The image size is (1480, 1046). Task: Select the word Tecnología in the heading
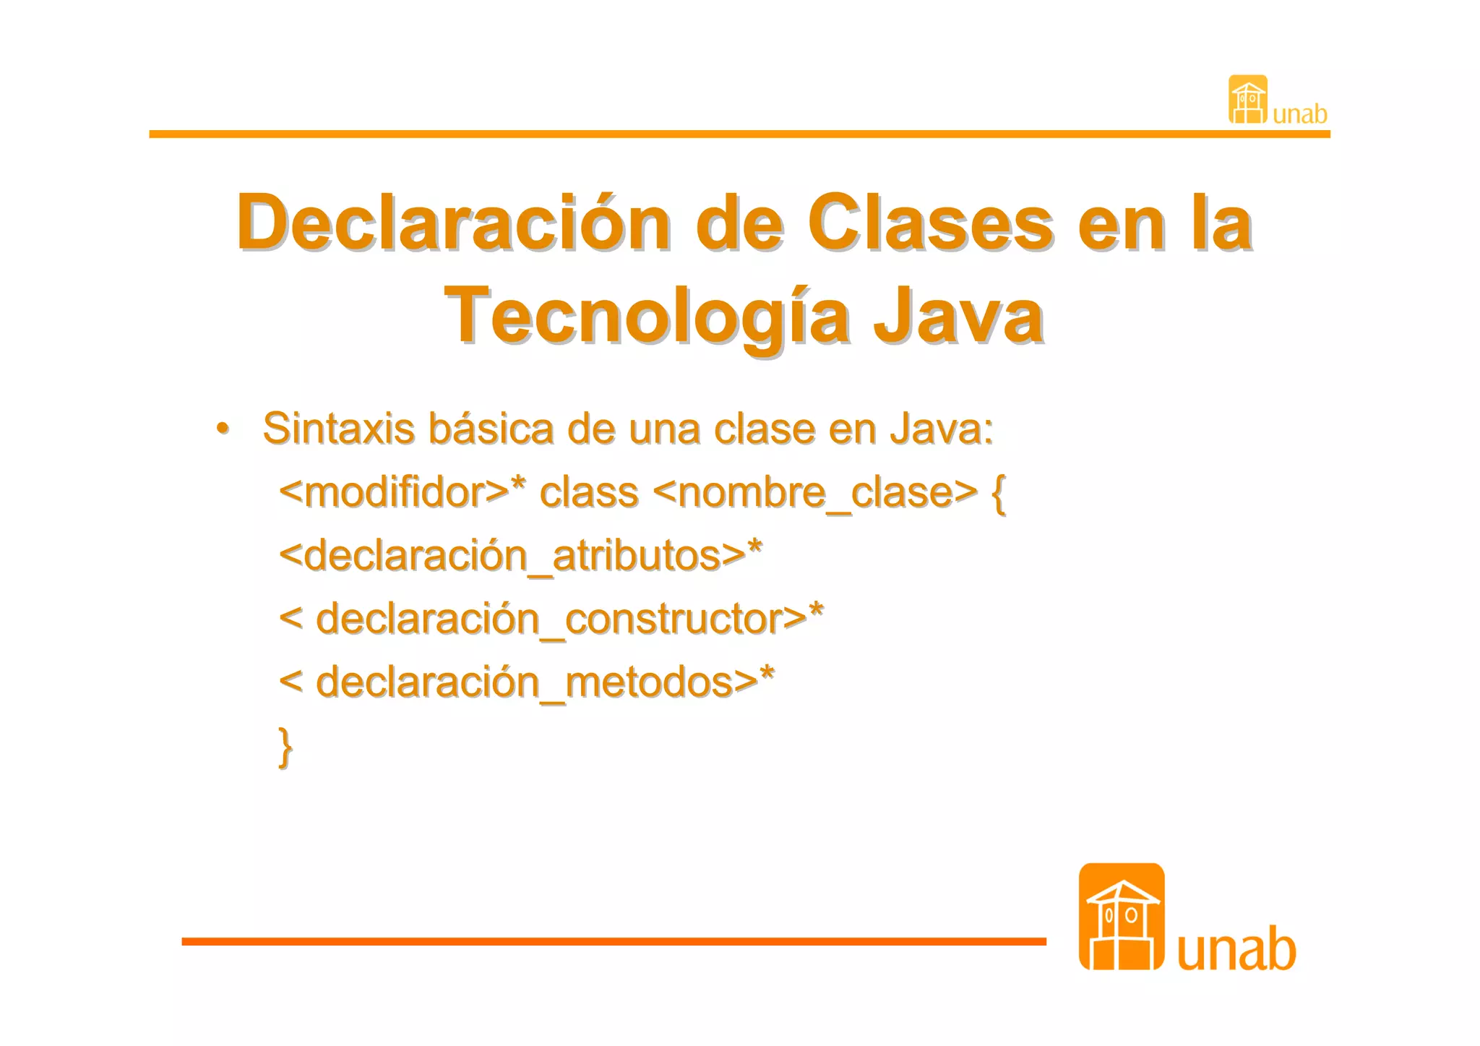click(647, 317)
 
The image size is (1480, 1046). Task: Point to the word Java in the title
click(958, 317)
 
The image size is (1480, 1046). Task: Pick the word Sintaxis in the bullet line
click(338, 428)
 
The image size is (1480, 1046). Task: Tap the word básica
click(491, 428)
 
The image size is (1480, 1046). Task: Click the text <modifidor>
click(395, 492)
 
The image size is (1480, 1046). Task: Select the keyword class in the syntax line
click(589, 492)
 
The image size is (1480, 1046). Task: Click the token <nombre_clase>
click(814, 492)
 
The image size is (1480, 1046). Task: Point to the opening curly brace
click(999, 494)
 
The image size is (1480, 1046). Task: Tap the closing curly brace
click(286, 747)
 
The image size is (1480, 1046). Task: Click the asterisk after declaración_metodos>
click(767, 675)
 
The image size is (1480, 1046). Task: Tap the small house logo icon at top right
click(1247, 100)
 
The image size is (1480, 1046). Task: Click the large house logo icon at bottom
click(1122, 917)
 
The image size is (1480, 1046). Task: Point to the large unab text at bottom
click(1236, 948)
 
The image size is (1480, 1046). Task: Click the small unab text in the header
click(1300, 114)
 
